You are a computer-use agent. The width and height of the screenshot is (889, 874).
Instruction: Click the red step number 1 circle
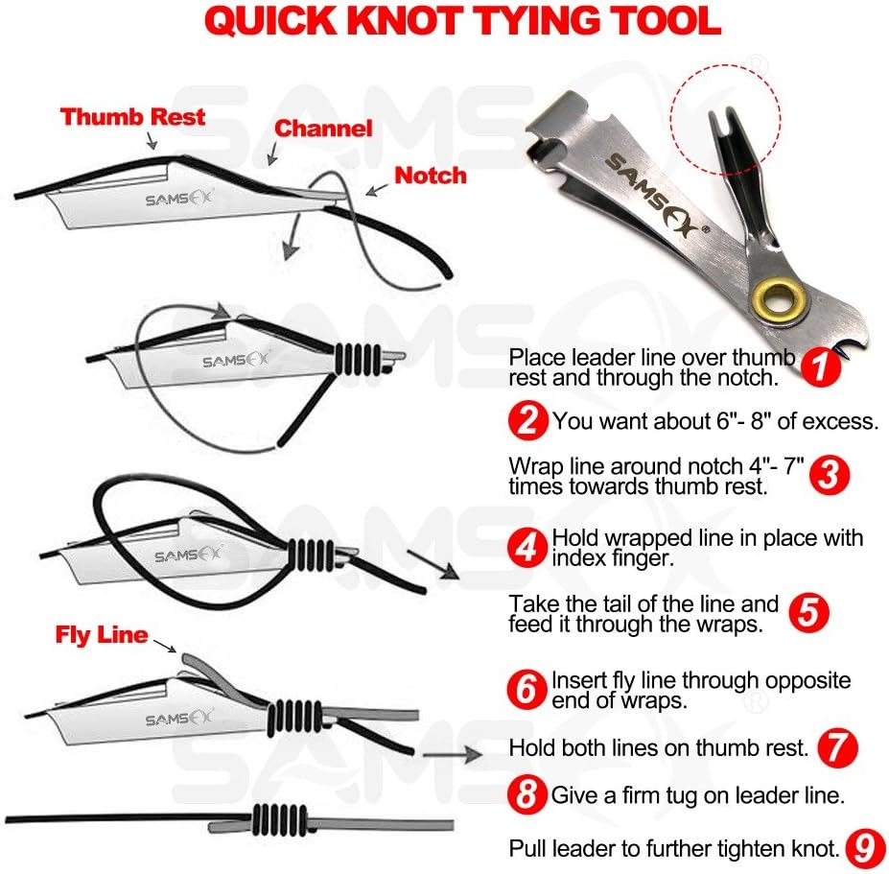tap(820, 366)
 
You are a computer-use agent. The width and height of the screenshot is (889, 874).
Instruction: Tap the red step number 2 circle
tap(527, 420)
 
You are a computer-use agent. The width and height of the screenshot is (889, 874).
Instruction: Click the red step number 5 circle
tap(809, 614)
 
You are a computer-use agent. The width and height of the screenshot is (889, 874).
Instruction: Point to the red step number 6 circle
tap(527, 690)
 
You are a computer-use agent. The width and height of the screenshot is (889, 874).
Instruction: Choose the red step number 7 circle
tap(837, 746)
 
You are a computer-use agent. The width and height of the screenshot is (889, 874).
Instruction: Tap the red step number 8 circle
tap(527, 794)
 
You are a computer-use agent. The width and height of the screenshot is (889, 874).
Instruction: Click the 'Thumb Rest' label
tap(132, 117)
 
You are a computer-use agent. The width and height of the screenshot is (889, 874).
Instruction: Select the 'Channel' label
tap(323, 129)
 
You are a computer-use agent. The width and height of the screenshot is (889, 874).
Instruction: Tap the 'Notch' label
tap(431, 176)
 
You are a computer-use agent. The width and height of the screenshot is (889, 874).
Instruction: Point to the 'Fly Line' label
tap(102, 635)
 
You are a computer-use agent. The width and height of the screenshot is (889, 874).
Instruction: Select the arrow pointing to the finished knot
tap(451, 755)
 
